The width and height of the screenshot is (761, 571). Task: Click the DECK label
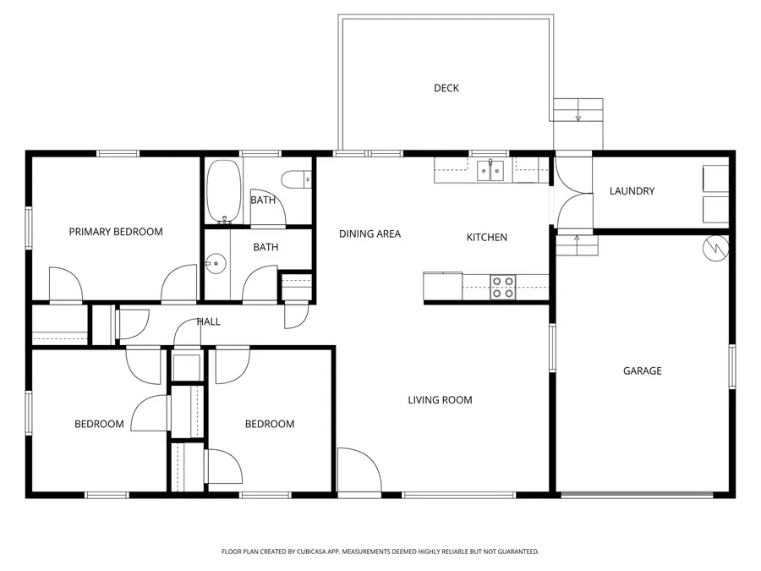click(446, 88)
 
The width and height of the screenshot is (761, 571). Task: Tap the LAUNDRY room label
click(632, 191)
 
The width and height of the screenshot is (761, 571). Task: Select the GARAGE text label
click(642, 371)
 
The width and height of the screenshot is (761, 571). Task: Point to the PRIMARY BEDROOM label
click(116, 232)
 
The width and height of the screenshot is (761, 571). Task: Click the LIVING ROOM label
click(440, 400)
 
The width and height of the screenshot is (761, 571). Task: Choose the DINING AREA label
click(370, 234)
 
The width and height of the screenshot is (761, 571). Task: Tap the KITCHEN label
click(487, 238)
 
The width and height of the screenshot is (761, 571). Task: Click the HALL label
click(208, 321)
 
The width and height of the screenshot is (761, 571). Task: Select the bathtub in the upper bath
click(223, 191)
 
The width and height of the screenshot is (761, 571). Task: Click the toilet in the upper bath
click(298, 179)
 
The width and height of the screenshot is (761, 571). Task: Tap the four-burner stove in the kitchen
click(503, 287)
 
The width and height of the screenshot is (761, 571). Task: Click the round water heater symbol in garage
click(715, 247)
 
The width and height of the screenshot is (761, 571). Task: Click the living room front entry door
click(353, 469)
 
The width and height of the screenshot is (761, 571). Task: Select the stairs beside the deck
click(579, 111)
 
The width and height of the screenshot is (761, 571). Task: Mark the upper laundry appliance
click(715, 178)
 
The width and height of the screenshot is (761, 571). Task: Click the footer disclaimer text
click(380, 552)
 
